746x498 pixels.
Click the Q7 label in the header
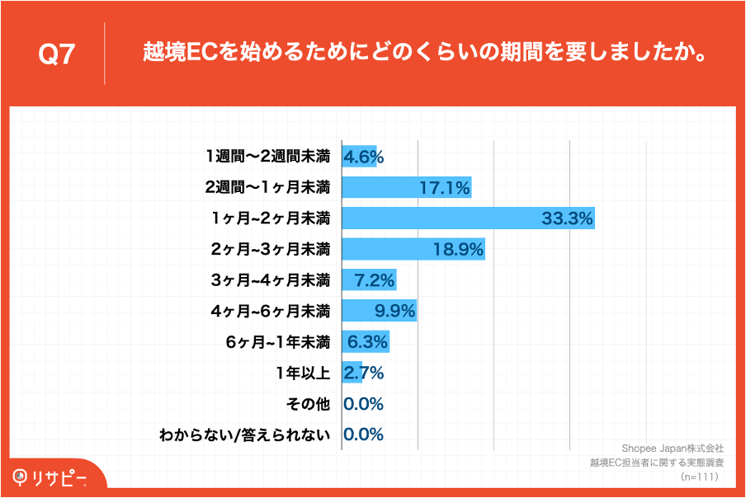click(57, 54)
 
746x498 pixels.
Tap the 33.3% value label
click(568, 218)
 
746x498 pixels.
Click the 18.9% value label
click(458, 250)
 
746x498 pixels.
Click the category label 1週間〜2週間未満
click(267, 157)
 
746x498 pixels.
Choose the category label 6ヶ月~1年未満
click(278, 342)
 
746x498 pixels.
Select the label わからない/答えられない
click(245, 435)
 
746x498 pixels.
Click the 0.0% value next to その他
click(363, 404)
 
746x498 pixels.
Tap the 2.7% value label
click(364, 373)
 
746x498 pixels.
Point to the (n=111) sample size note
click(700, 477)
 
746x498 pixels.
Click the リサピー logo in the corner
click(51, 477)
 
